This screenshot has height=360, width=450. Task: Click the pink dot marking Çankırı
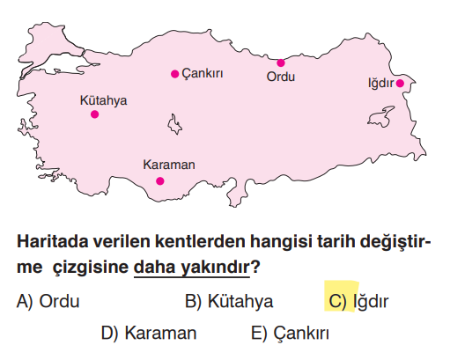(x=175, y=74)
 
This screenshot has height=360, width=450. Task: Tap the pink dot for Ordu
(x=281, y=62)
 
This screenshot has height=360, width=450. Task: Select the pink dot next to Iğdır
(x=400, y=84)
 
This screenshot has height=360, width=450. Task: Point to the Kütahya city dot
(x=94, y=114)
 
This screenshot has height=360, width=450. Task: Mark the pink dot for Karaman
(x=160, y=181)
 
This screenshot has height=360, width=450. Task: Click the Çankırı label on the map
(x=202, y=74)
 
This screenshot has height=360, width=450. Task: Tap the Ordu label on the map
(x=280, y=77)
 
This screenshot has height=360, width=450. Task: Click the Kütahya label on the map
(x=103, y=100)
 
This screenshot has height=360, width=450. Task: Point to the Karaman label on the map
(x=168, y=165)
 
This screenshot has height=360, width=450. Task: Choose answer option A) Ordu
(x=48, y=302)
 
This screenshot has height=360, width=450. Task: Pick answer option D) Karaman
(x=149, y=334)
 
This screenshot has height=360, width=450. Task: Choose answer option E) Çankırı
(x=290, y=334)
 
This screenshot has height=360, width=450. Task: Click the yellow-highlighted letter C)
(x=337, y=301)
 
